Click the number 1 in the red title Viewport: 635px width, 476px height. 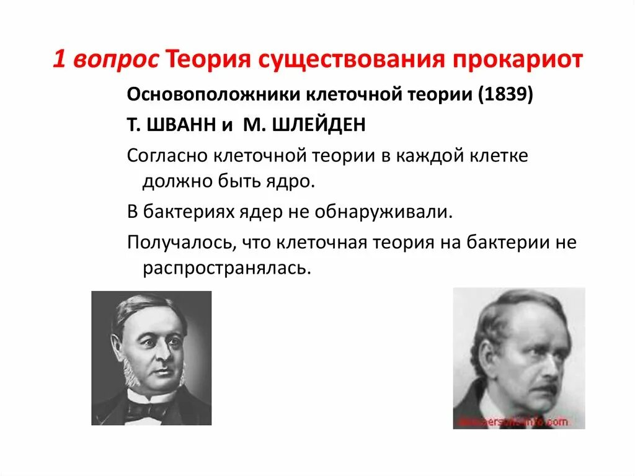59,61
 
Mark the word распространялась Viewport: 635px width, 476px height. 226,268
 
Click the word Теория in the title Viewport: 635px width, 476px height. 208,61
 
